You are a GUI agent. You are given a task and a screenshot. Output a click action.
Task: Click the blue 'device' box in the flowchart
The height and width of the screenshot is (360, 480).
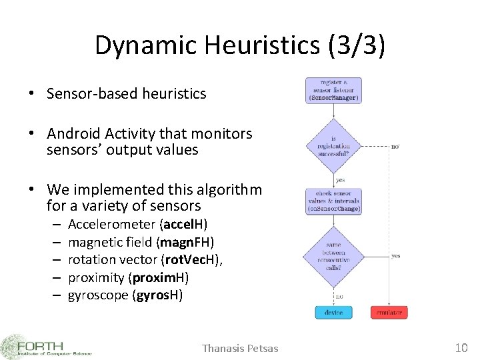point(333,312)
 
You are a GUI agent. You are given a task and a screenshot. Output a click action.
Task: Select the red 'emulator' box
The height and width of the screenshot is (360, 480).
point(389,312)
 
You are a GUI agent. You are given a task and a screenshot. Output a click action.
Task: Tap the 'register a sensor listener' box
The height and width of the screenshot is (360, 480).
point(333,91)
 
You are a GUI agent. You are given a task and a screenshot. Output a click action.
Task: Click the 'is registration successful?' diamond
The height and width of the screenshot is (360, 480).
point(333,145)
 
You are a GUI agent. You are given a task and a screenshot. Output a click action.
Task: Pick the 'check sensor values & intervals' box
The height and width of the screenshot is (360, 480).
point(333,201)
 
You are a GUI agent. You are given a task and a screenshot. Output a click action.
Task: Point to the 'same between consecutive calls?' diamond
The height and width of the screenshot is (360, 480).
point(333,256)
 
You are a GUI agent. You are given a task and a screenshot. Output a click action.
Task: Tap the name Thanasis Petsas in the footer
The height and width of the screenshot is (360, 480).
point(240,348)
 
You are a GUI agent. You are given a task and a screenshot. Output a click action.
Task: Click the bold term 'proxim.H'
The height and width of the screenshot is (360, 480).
point(159,277)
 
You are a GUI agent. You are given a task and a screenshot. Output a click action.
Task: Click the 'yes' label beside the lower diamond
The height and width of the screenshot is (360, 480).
point(395,256)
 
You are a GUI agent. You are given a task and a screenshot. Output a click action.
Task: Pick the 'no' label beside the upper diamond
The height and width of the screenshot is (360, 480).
point(395,145)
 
